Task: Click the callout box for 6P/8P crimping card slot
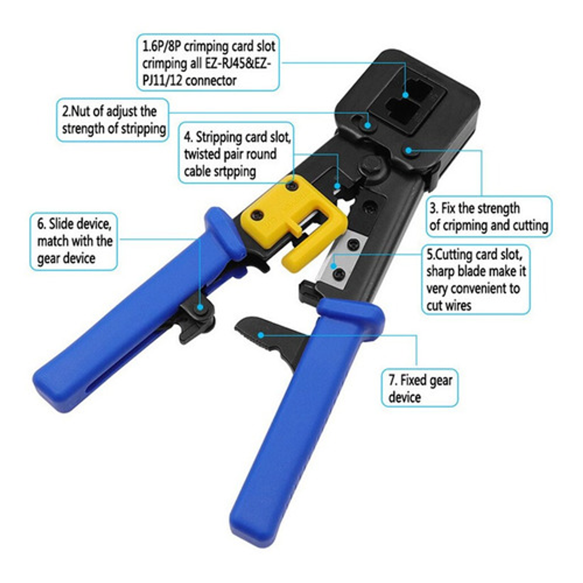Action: [208, 63]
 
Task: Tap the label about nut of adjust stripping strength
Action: [113, 120]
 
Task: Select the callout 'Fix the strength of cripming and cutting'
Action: [489, 216]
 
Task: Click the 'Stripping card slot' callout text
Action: [236, 153]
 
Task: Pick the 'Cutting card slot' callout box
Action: [476, 279]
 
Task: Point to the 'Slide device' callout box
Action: [74, 241]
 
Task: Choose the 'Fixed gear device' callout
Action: [419, 388]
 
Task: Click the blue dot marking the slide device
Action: [200, 307]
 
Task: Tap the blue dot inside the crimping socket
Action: [405, 94]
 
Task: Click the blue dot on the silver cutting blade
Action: [333, 266]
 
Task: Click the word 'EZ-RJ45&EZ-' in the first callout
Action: [237, 63]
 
